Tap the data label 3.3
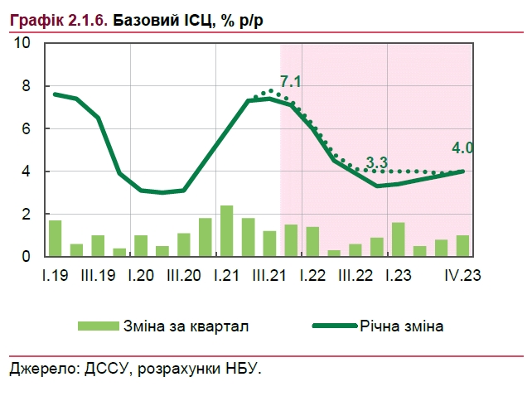pyautogui.click(x=377, y=163)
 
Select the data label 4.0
pyautogui.click(x=462, y=148)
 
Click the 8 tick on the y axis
pyautogui.click(x=26, y=86)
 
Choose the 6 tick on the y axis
pyautogui.click(x=26, y=129)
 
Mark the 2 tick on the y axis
pyautogui.click(x=26, y=215)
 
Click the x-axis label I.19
pyautogui.click(x=55, y=274)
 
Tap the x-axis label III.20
pyautogui.click(x=184, y=274)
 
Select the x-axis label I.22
pyautogui.click(x=312, y=274)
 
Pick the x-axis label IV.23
pyautogui.click(x=463, y=274)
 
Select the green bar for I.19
pyautogui.click(x=55, y=239)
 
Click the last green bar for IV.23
pyautogui.click(x=462, y=246)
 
